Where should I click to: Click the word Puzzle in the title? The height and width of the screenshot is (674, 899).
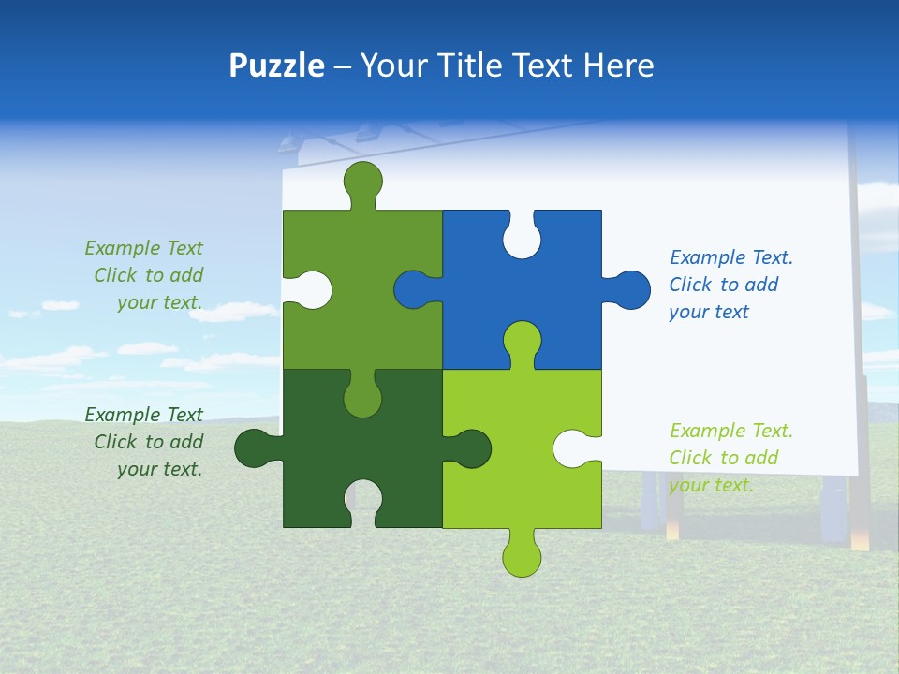click(x=277, y=66)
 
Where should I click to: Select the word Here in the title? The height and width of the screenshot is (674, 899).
click(x=618, y=66)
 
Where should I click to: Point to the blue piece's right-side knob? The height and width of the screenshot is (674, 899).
click(x=631, y=289)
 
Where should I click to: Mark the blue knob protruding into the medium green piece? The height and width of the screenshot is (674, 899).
click(x=413, y=289)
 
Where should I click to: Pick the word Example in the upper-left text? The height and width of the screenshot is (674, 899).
click(x=123, y=248)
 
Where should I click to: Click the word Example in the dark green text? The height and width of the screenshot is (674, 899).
click(x=123, y=415)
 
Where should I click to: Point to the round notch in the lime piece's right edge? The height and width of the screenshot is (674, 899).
click(x=573, y=448)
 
